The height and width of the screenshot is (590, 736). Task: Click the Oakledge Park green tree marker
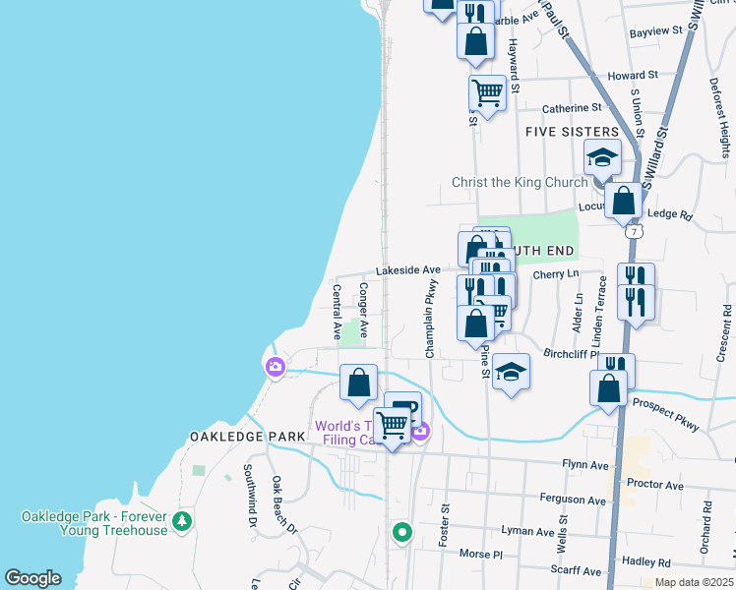click(x=181, y=520)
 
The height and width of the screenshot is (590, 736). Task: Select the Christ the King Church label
click(x=519, y=182)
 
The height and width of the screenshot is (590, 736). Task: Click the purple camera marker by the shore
click(x=275, y=368)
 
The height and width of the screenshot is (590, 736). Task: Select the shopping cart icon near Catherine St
click(x=487, y=93)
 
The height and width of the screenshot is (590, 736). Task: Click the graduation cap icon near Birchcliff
click(x=511, y=373)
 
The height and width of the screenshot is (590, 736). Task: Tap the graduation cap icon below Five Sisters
click(x=602, y=157)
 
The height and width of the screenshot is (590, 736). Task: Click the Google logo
click(x=32, y=578)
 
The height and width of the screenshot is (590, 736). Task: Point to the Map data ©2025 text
click(x=693, y=582)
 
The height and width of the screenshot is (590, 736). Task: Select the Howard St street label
click(x=632, y=76)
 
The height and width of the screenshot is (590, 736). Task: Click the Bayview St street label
click(x=655, y=31)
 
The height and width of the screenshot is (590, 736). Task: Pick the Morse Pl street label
click(x=481, y=554)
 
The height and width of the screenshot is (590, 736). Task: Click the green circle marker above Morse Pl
click(x=401, y=533)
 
